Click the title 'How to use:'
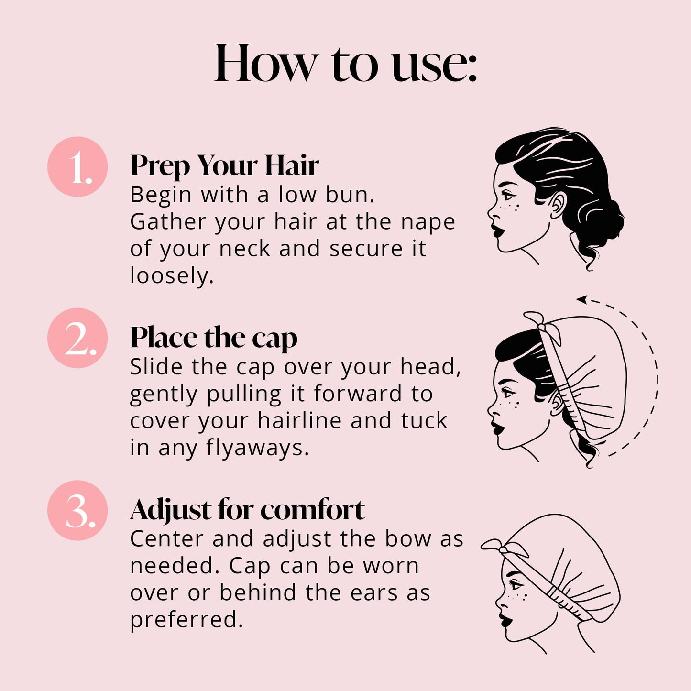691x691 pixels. tap(345, 64)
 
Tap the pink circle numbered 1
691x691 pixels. tap(77, 167)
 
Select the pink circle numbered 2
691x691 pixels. tap(77, 338)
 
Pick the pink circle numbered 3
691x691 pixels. tap(77, 510)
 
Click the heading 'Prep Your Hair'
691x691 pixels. tap(224, 166)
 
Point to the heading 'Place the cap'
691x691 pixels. tap(214, 338)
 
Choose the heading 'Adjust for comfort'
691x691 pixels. tap(247, 510)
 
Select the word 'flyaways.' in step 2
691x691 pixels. tap(257, 448)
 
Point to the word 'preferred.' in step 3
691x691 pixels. tap(186, 620)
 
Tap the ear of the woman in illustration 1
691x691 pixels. tap(557, 205)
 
